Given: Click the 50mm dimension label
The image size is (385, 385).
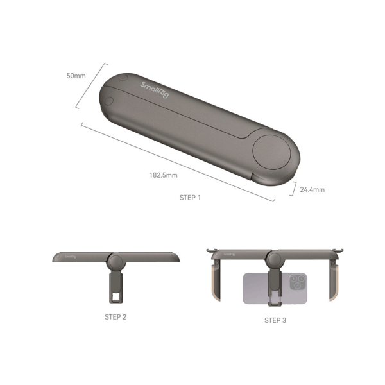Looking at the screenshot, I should click(x=76, y=76).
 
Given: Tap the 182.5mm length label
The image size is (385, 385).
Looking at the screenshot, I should click(x=163, y=174).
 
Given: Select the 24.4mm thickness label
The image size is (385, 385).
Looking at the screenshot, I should click(x=312, y=189).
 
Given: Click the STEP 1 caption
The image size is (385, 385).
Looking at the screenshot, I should click(x=190, y=198).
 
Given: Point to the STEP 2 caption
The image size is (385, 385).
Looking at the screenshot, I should click(x=116, y=316).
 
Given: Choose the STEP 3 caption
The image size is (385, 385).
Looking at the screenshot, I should click(x=275, y=320).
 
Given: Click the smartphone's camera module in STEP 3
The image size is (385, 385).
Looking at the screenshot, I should click(x=298, y=283).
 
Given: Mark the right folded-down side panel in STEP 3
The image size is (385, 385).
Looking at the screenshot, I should click(x=334, y=278).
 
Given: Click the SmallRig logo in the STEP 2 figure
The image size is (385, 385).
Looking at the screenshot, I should click(x=69, y=257).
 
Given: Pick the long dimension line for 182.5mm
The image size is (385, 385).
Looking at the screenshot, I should click(x=177, y=162).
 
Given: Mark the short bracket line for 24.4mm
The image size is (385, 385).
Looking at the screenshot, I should click(x=295, y=188).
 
